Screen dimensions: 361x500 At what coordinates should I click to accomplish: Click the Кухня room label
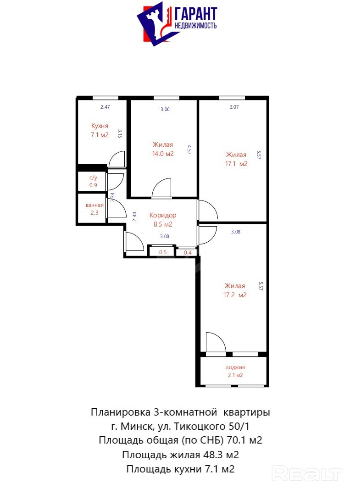[100, 126]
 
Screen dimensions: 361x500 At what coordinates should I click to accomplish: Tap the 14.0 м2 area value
[163, 154]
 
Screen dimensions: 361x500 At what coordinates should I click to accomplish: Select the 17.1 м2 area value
[236, 164]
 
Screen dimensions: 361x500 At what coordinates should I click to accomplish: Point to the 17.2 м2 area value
[235, 295]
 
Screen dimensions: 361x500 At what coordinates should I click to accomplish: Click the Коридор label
[163, 215]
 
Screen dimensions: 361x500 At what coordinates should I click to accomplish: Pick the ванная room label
[94, 206]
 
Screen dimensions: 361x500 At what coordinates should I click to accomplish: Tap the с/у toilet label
[93, 178]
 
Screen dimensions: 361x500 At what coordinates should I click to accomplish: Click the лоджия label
[235, 367]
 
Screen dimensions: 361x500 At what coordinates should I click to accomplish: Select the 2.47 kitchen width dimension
[105, 107]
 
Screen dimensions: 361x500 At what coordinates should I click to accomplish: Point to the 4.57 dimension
[189, 150]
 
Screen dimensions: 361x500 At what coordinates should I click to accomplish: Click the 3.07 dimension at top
[234, 107]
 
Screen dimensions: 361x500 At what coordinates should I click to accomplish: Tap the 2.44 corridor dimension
[134, 217]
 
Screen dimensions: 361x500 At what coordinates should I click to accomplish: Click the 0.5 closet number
[163, 252]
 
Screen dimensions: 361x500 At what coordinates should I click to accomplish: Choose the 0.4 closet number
[188, 253]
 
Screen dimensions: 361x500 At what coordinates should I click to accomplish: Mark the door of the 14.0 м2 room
[161, 188]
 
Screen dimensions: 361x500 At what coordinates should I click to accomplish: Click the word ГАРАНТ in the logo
[195, 14]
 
